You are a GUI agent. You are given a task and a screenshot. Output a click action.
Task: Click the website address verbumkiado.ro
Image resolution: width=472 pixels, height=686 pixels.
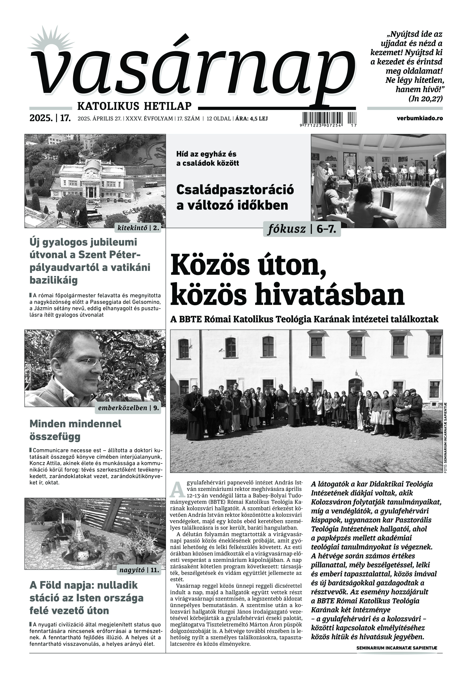coord(420,118)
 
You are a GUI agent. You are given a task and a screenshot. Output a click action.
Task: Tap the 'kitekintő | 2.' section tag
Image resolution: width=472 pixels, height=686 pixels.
coord(138,228)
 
